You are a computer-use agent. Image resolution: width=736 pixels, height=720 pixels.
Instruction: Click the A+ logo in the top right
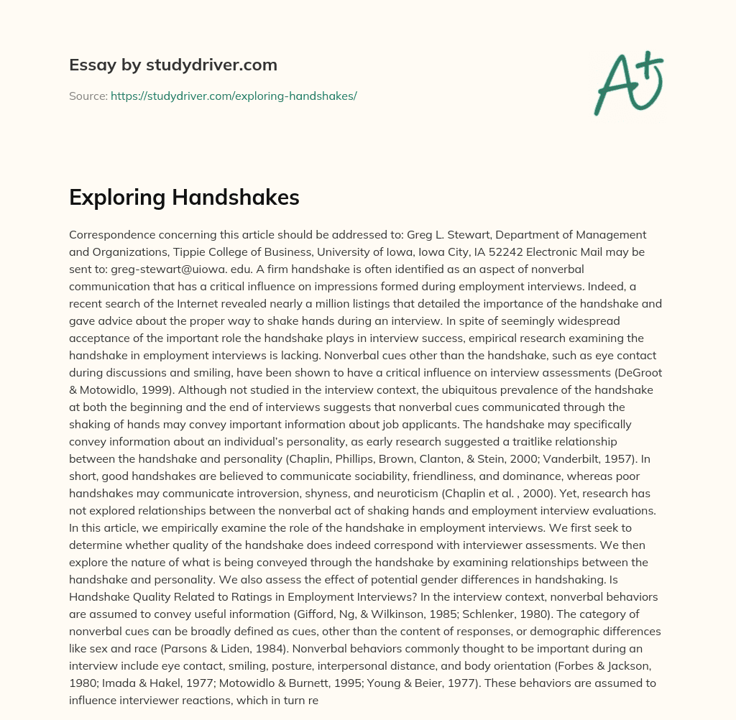click(627, 83)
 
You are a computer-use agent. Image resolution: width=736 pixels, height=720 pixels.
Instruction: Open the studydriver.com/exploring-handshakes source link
click(234, 96)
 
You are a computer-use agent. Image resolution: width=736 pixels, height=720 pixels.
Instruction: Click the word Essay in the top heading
click(89, 65)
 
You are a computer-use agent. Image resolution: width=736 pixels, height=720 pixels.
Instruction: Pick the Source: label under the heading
click(88, 96)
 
